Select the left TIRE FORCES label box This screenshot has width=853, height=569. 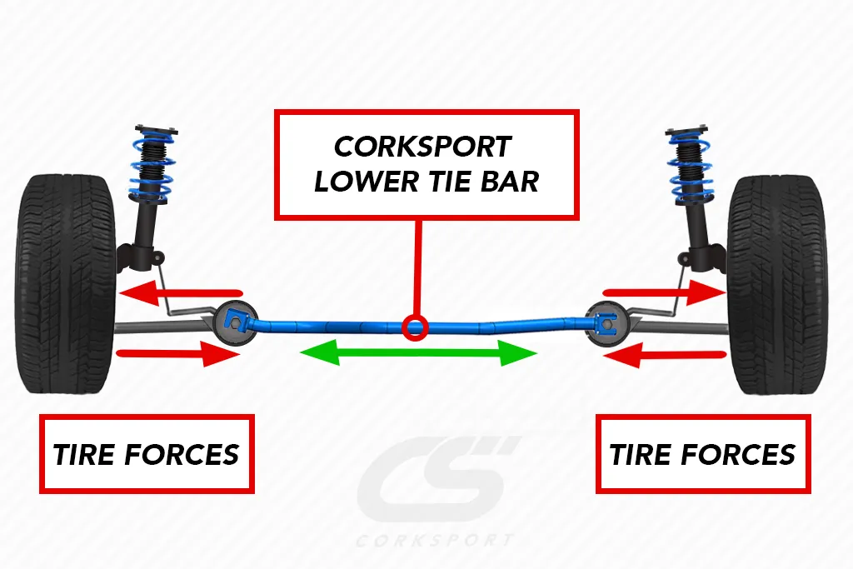[147, 454]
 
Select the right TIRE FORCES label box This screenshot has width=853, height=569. [702, 454]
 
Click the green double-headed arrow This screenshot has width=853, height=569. [417, 353]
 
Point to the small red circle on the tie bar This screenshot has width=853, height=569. [414, 326]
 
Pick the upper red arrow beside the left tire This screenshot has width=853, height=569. [180, 293]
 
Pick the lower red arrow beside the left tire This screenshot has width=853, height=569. [178, 355]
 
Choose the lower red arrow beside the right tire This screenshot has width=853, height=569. [666, 356]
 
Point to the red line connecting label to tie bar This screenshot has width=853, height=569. [417, 267]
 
